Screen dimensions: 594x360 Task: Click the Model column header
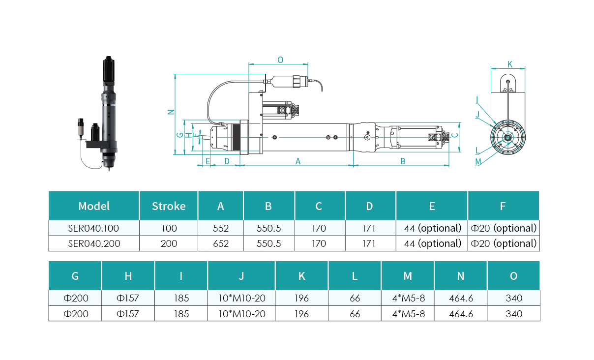pos(94,206)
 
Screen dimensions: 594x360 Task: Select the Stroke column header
pos(169,206)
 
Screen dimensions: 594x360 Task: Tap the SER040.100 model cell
pos(93,228)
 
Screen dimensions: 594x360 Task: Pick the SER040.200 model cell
pos(94,243)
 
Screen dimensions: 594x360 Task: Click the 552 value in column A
pos(221,228)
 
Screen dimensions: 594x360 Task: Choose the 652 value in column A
pos(221,243)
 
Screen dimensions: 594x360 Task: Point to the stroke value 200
pos(169,243)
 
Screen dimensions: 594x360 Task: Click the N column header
pos(461,276)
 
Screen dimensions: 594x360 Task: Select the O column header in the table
pos(514,276)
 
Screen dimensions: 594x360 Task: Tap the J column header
pos(241,276)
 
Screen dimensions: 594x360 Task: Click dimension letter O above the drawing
pos(280,60)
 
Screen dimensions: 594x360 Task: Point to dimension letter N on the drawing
pos(171,112)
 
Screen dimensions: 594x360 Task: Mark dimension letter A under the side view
pos(298,161)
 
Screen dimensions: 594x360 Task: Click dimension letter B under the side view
pos(403,161)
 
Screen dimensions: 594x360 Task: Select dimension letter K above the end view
pos(510,64)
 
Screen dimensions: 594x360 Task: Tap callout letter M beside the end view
pos(478,162)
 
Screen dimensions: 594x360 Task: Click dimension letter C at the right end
pos(455,135)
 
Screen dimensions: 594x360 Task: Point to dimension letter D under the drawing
pos(227,161)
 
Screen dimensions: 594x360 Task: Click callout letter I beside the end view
pos(477,100)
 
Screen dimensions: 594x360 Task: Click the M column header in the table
pos(408,276)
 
